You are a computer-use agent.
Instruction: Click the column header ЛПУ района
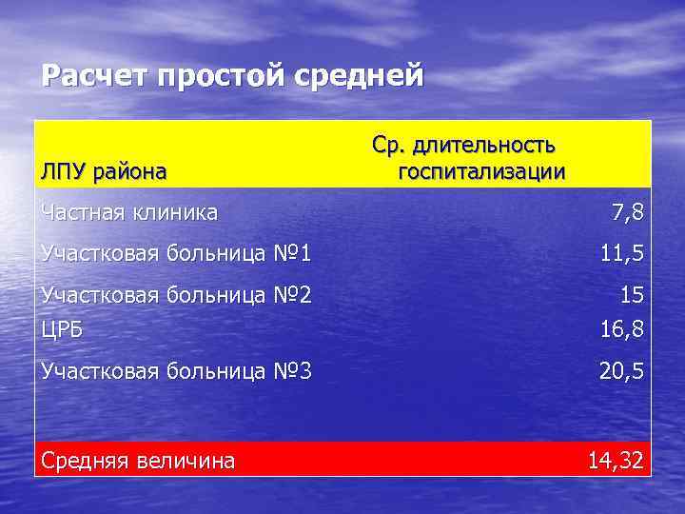tap(104, 172)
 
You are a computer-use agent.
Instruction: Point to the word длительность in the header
tap(484, 147)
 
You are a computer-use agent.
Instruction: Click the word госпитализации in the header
tap(481, 172)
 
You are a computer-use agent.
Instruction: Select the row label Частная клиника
tap(129, 212)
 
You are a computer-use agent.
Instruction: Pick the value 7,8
tap(627, 213)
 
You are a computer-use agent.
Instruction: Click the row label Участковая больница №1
tap(176, 253)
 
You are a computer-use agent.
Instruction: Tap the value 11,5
tap(621, 253)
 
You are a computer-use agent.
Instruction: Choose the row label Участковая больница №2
tap(176, 295)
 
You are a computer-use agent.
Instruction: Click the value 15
tap(632, 295)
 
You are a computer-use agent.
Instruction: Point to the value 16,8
tap(621, 330)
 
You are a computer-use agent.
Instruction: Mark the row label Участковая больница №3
tap(176, 370)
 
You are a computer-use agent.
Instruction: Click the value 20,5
tap(621, 370)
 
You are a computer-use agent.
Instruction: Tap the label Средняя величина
tap(137, 462)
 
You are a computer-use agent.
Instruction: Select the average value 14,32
tap(616, 462)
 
